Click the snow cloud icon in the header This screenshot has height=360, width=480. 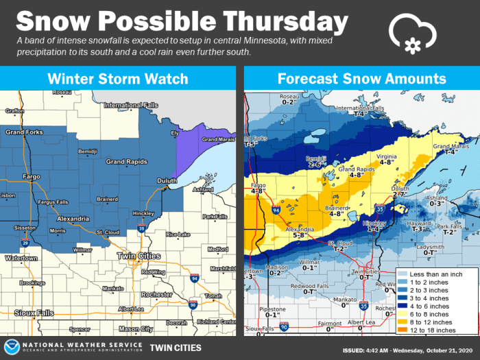click(413, 32)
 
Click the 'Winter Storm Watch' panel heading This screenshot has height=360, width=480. click(118, 79)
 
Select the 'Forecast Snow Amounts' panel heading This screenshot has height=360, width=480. click(361, 79)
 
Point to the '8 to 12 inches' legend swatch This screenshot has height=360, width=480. click(407, 322)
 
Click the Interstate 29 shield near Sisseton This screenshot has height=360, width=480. click(26, 242)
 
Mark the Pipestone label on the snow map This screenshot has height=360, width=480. click(273, 309)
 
